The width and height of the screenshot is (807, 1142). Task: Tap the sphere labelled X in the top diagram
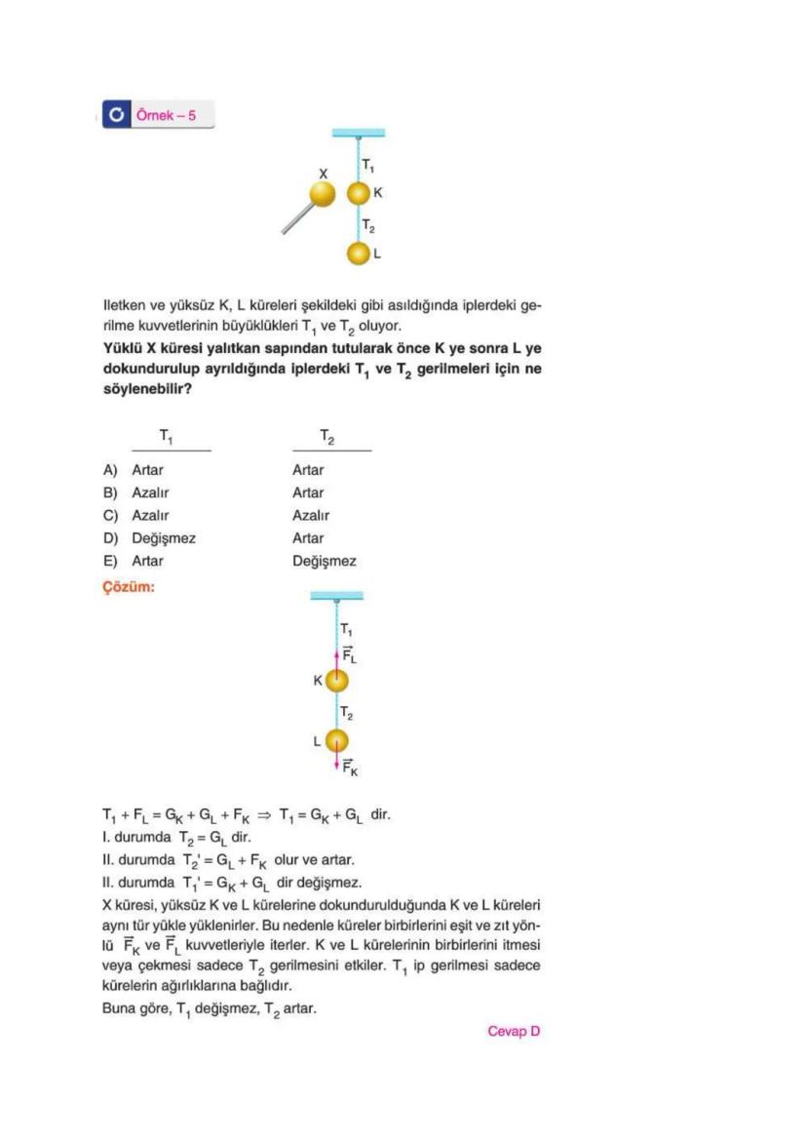pyautogui.click(x=323, y=194)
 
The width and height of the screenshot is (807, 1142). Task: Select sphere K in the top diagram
pyautogui.click(x=360, y=193)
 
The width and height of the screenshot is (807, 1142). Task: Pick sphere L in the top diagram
pyautogui.click(x=360, y=254)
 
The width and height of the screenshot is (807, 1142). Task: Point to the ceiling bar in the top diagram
pyautogui.click(x=358, y=132)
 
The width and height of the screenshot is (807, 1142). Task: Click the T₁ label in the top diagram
pyautogui.click(x=368, y=165)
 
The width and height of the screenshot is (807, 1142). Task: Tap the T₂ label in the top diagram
pyautogui.click(x=368, y=226)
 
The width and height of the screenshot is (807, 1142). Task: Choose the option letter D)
pyautogui.click(x=111, y=538)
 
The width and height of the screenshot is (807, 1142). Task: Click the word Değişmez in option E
pyautogui.click(x=324, y=562)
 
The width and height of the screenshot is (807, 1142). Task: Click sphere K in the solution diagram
pyautogui.click(x=336, y=681)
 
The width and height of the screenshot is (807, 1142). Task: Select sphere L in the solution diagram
pyautogui.click(x=336, y=741)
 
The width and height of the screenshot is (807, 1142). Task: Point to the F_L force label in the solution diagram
pyautogui.click(x=349, y=655)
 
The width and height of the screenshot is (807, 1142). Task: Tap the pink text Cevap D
pyautogui.click(x=514, y=1032)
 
